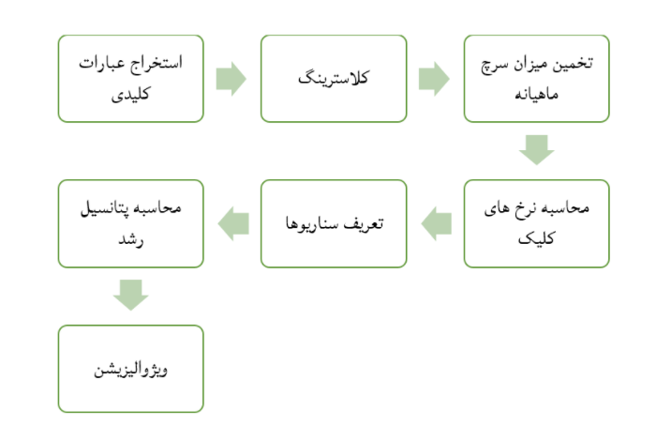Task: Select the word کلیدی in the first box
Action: pyautogui.click(x=130, y=94)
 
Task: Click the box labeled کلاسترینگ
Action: pyautogui.click(x=334, y=79)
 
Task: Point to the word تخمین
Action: pyautogui.click(x=573, y=64)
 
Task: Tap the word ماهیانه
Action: pyautogui.click(x=537, y=94)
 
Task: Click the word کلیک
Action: pyautogui.click(x=536, y=238)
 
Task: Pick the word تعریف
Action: pyautogui.click(x=364, y=223)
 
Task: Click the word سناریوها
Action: pyautogui.click(x=312, y=223)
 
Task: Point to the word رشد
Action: pyautogui.click(x=130, y=239)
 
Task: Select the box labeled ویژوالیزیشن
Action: pyautogui.click(x=130, y=369)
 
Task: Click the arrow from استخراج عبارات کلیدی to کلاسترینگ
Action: pyautogui.click(x=231, y=79)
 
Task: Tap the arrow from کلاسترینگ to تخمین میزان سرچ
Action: pyautogui.click(x=434, y=79)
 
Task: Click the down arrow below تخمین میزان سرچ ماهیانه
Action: pyautogui.click(x=537, y=150)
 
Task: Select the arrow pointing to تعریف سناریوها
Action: pyautogui.click(x=436, y=223)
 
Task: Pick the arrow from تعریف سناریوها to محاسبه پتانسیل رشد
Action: pyautogui.click(x=233, y=223)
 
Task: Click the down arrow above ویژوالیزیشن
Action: pyautogui.click(x=130, y=296)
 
